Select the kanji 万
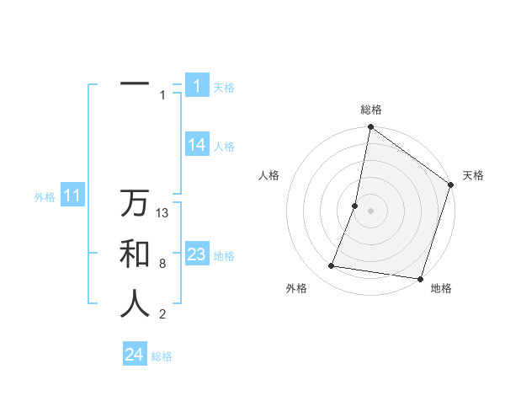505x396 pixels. coord(135,204)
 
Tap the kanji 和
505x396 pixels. coord(135,254)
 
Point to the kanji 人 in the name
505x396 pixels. coord(135,303)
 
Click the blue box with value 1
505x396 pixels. coord(196,85)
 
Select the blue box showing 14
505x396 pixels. coord(196,145)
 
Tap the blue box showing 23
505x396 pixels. coord(196,254)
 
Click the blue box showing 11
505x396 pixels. coord(72,196)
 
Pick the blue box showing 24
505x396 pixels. coord(135,355)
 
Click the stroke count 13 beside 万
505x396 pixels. coord(163,213)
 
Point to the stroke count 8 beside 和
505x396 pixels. coord(162,264)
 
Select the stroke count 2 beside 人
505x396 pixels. coord(162,314)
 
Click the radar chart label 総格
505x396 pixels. coord(370,110)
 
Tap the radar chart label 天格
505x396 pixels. coord(473,175)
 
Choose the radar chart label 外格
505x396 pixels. coord(296,288)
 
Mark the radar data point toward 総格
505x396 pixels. coord(370,128)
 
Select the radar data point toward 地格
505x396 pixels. coord(419,278)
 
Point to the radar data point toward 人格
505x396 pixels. coord(355,206)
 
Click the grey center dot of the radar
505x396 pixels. coord(370,211)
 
